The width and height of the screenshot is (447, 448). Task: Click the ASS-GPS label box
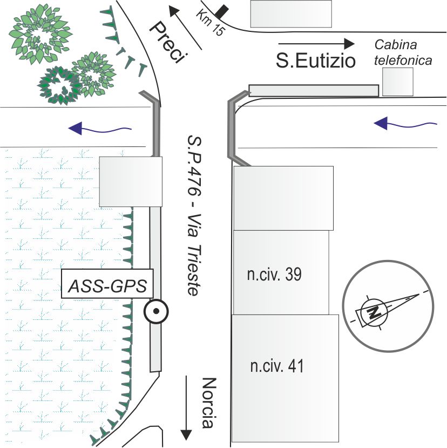(107, 284)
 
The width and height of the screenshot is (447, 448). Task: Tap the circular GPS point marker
(156, 311)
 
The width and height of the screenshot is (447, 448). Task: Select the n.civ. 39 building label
(274, 275)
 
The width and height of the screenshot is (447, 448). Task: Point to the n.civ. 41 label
(277, 366)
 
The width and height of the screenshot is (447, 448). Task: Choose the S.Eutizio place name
(316, 61)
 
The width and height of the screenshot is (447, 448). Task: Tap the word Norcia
(209, 403)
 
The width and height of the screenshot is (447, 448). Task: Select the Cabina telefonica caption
(403, 52)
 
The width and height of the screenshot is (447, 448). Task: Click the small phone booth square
(398, 82)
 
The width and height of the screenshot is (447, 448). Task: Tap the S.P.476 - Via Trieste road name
(194, 215)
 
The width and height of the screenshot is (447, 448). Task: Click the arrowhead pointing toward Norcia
(186, 435)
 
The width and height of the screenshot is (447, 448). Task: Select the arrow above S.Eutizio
(316, 44)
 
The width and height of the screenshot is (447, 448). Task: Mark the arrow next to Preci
(186, 28)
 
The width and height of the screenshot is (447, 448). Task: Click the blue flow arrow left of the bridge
(100, 128)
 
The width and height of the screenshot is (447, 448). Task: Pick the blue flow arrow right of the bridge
(405, 123)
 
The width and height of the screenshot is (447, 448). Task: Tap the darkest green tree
(60, 85)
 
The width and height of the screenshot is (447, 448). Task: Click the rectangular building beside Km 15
(291, 14)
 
